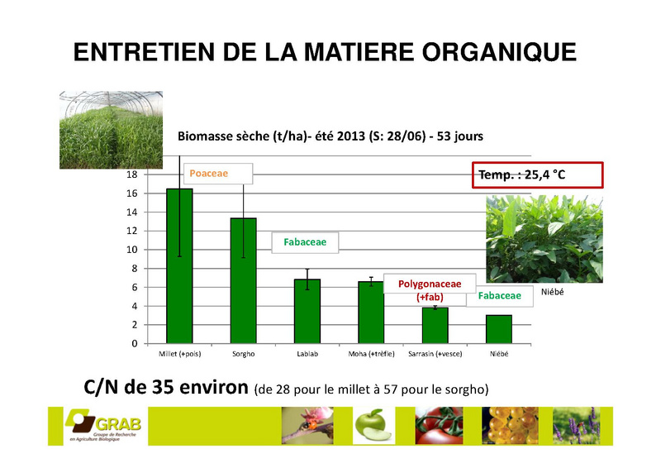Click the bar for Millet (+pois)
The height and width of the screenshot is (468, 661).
[179, 266]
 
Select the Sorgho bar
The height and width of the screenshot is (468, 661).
[243, 281]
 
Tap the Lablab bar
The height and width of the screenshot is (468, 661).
[307, 312]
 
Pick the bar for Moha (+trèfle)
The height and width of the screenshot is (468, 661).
[371, 313]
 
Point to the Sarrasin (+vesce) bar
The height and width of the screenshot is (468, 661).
[435, 326]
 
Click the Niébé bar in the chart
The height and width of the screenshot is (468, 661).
[499, 330]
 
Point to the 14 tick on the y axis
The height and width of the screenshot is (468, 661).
[132, 213]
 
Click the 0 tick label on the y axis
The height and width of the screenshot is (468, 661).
[135, 344]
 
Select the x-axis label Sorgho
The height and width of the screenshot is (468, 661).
[244, 354]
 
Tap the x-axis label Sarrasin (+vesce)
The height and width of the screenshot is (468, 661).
[435, 354]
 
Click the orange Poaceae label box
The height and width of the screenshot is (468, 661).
[218, 174]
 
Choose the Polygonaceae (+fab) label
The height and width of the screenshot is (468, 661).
[430, 290]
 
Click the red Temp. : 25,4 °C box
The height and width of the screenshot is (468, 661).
[538, 174]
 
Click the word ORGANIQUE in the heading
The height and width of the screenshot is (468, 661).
[499, 52]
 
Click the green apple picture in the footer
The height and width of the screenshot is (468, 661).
[373, 426]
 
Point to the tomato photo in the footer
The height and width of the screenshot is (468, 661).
[439, 426]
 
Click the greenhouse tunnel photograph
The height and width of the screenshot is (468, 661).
[111, 130]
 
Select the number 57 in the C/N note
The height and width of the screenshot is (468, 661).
[390, 389]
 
